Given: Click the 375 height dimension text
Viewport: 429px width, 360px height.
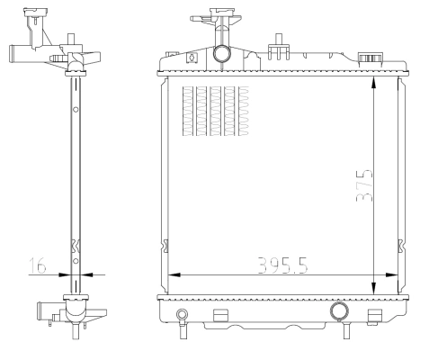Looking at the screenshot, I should pyautogui.click(x=362, y=185).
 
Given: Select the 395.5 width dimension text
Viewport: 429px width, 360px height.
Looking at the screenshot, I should pyautogui.click(x=278, y=267).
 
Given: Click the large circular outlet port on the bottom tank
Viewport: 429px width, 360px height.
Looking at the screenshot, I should pyautogui.click(x=339, y=311).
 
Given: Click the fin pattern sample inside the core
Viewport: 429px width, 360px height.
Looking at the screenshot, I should pyautogui.click(x=214, y=112).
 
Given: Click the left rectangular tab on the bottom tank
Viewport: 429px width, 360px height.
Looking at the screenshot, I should pyautogui.click(x=219, y=315).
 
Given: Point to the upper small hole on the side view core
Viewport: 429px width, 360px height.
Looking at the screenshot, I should pyautogui.click(x=76, y=110).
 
